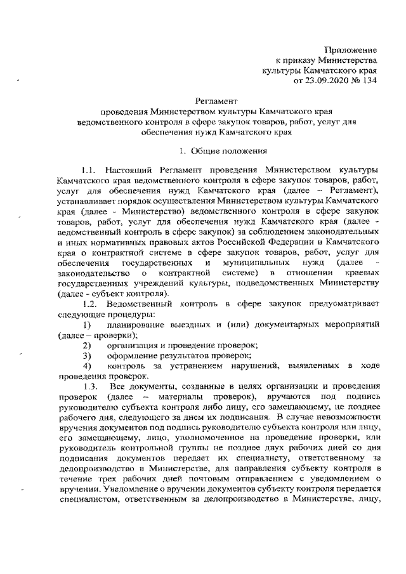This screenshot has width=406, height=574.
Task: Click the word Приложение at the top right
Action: tap(351, 49)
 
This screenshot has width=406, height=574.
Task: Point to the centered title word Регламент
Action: tap(216, 101)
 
